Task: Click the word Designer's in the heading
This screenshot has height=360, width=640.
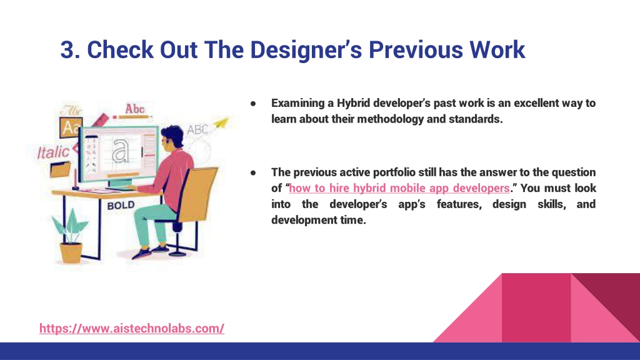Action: click(306, 50)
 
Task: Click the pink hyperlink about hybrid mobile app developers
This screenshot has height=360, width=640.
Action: click(399, 188)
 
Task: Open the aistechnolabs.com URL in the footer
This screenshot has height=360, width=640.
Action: click(132, 328)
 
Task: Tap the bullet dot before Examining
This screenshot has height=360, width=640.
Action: click(253, 104)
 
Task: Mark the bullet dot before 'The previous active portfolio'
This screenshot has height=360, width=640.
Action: click(253, 173)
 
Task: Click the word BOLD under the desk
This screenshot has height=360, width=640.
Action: click(121, 205)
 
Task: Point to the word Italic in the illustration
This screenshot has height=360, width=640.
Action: click(54, 152)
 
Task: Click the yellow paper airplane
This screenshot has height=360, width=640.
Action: click(221, 122)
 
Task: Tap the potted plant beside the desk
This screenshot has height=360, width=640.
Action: click(70, 236)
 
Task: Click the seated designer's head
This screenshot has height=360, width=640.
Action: click(172, 137)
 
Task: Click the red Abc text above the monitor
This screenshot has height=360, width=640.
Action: click(135, 109)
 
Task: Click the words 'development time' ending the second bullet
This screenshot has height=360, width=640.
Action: click(319, 220)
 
